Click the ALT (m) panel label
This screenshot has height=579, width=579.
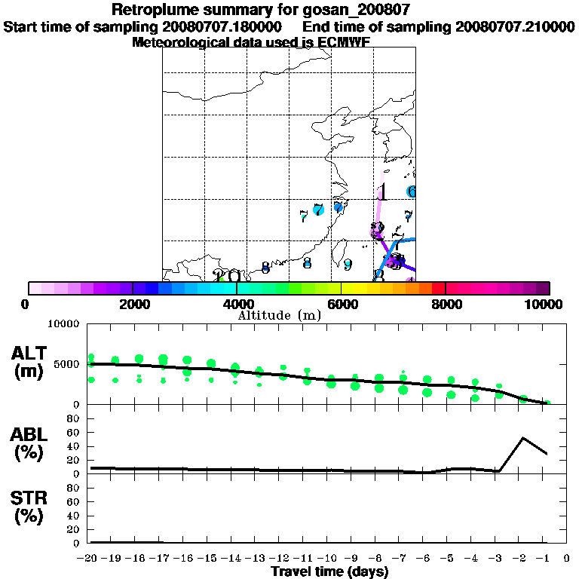[x=31, y=362]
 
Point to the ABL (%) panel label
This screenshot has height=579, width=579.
[x=31, y=443]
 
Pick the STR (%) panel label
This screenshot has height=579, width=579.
[x=31, y=507]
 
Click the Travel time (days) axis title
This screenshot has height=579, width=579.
[x=330, y=571]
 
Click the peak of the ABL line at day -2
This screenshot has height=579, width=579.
[x=522, y=437]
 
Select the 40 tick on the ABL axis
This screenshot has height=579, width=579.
[x=75, y=446]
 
